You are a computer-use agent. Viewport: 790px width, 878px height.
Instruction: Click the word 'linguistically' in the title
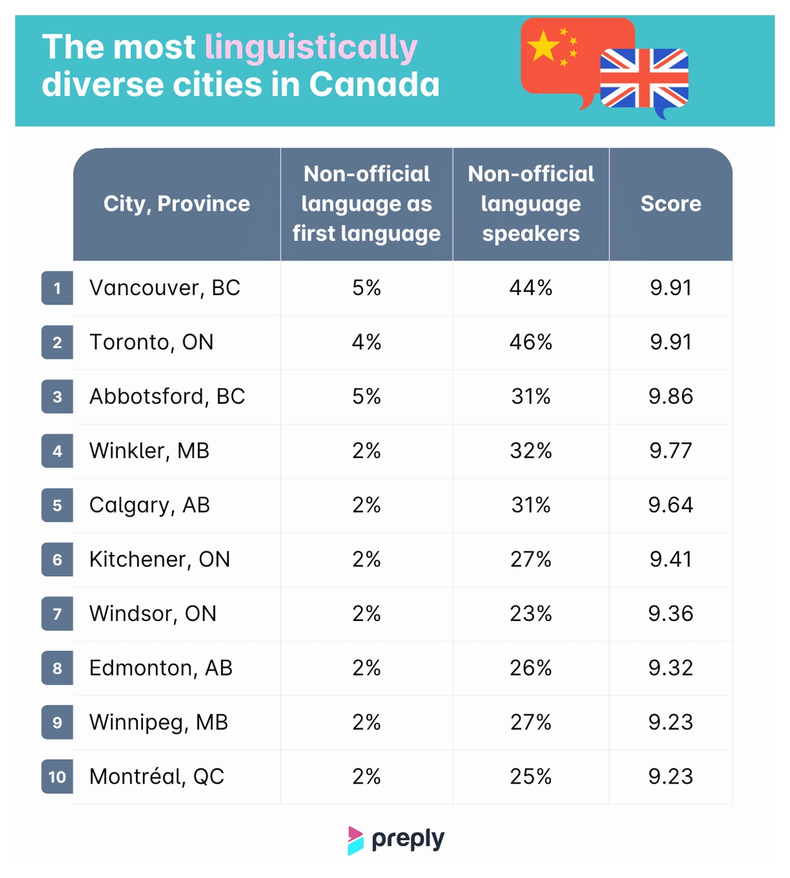pos(311,48)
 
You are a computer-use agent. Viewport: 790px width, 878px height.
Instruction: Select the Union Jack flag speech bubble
pos(644,81)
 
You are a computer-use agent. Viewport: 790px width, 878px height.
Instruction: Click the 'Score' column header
pos(670,204)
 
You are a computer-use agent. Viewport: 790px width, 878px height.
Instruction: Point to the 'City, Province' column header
pos(176,204)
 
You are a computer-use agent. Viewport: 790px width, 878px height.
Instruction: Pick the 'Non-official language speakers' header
pos(531,204)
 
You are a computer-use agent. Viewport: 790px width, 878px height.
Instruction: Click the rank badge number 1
pos(58,288)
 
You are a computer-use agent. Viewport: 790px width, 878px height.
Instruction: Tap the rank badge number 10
pos(58,777)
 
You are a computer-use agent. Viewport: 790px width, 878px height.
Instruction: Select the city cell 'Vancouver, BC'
pos(165,289)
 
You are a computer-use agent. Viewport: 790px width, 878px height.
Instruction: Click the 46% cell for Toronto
pos(531,342)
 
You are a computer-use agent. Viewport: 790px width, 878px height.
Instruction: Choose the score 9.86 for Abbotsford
pos(670,396)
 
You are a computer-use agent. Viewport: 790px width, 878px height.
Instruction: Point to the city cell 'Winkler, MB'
pos(149,451)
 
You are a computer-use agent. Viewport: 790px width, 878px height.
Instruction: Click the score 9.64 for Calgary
pos(670,505)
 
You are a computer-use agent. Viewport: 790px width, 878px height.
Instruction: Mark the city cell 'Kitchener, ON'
pos(159,560)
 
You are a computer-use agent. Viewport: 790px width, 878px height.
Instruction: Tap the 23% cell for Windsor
pos(531,613)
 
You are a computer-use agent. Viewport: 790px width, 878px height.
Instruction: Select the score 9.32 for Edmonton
pos(670,668)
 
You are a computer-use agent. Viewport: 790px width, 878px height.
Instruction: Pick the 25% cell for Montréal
pos(531,777)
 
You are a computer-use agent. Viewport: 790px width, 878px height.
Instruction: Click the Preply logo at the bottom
pos(396,841)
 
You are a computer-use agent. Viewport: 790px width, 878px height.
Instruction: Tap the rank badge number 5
pos(58,505)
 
